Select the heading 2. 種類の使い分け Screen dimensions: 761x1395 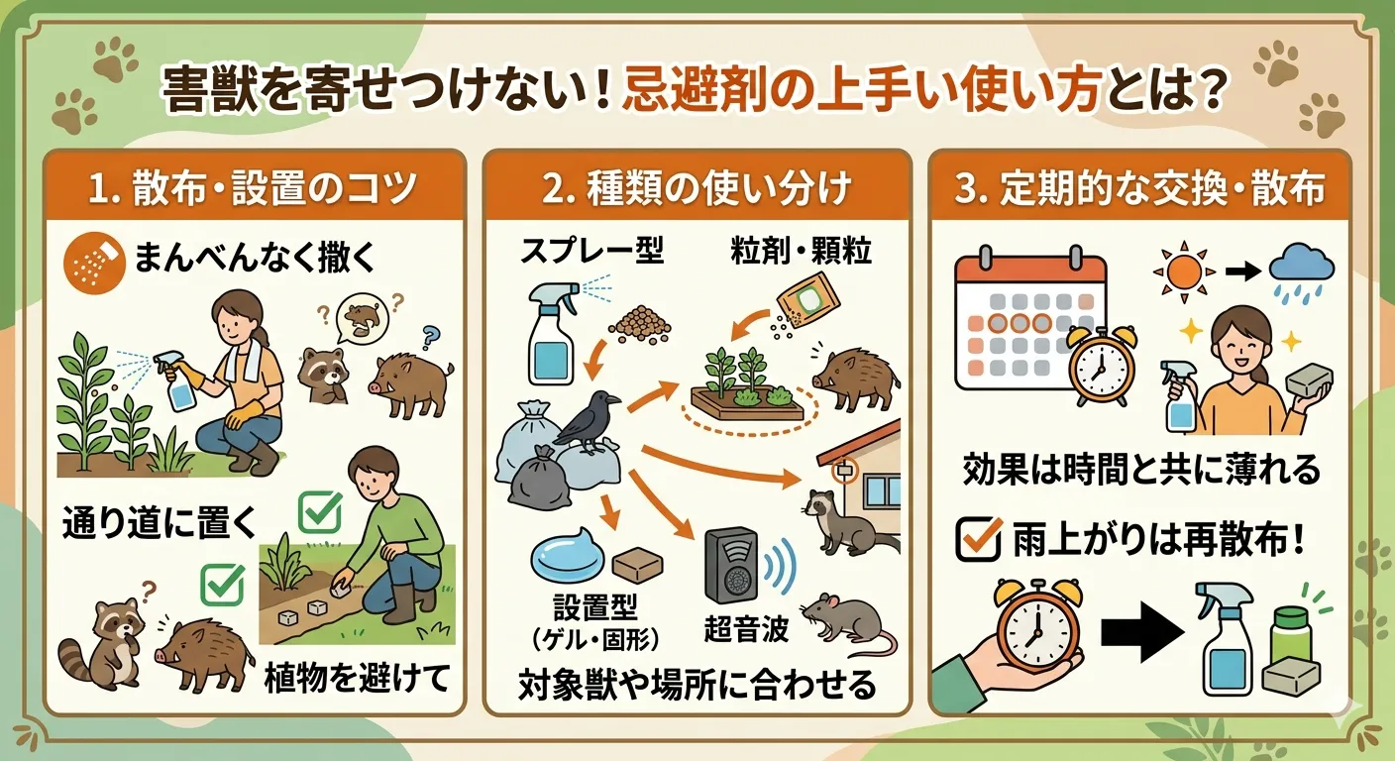tap(697, 189)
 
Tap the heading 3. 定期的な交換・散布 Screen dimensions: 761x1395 tap(1139, 189)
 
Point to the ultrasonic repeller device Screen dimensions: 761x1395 tap(732, 565)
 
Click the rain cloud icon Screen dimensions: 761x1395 tap(1302, 268)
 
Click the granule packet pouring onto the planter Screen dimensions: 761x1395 tap(807, 296)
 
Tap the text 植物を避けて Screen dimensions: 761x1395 tap(357, 679)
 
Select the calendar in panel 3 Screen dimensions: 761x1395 tap(1020, 322)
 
